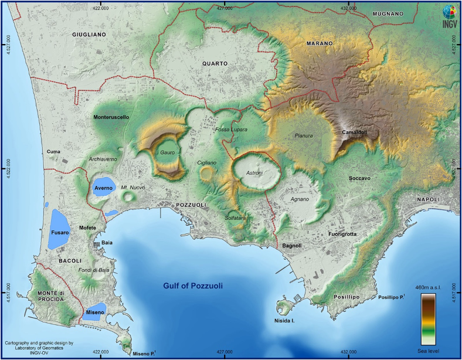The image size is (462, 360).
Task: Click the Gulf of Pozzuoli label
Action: pos(194,286)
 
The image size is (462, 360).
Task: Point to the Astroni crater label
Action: pos(254,172)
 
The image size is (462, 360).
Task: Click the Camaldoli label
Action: pos(354,133)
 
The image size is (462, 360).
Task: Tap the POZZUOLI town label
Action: pos(191,205)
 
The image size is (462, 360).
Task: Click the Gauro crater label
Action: pos(168,152)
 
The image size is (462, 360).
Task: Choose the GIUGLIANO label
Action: pos(89,35)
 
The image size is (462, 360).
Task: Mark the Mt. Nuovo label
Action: pos(133,188)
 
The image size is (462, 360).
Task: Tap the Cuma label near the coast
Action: pos(54,152)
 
